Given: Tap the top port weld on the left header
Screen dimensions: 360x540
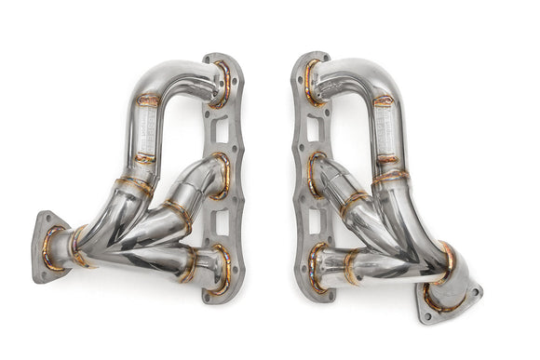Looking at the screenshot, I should click(223, 84).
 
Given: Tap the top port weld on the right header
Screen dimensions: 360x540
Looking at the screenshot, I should click(312, 82).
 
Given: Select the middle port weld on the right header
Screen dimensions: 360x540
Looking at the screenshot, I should click(317, 173).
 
